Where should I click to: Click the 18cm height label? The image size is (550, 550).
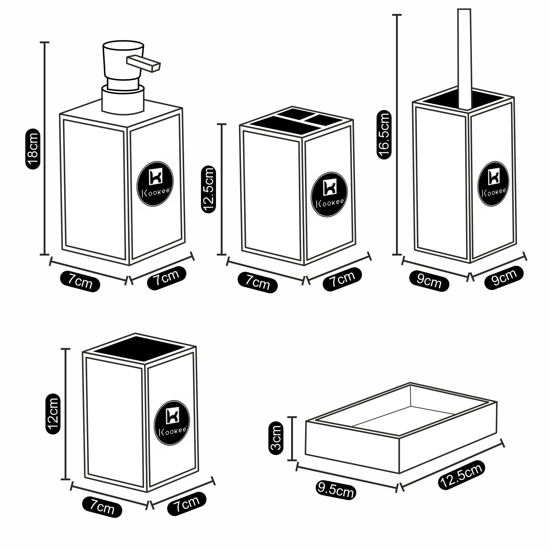click(32, 148)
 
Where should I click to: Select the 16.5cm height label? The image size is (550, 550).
click(384, 136)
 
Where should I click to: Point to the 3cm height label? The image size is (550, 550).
click(276, 438)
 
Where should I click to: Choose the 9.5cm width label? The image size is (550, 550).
click(335, 491)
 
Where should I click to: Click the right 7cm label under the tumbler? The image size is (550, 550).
click(187, 505)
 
